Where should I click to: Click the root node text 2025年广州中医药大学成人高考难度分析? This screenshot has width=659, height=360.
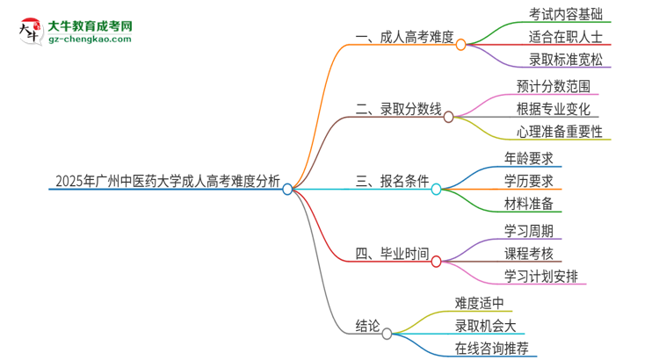click(167, 183)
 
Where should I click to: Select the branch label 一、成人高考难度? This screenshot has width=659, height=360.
click(404, 38)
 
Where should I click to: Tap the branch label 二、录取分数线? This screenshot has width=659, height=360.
click(398, 111)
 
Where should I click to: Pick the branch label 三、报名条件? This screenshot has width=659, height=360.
click(392, 183)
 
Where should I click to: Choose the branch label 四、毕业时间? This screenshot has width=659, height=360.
click(392, 255)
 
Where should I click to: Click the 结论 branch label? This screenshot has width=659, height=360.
click(370, 327)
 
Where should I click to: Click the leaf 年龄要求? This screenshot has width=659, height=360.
click(529, 159)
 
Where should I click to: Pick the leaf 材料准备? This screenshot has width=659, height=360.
click(529, 205)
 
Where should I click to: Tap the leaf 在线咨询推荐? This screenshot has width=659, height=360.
click(492, 349)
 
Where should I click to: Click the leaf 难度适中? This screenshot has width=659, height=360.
click(480, 303)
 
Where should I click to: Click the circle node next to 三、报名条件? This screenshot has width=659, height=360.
click(437, 188)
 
